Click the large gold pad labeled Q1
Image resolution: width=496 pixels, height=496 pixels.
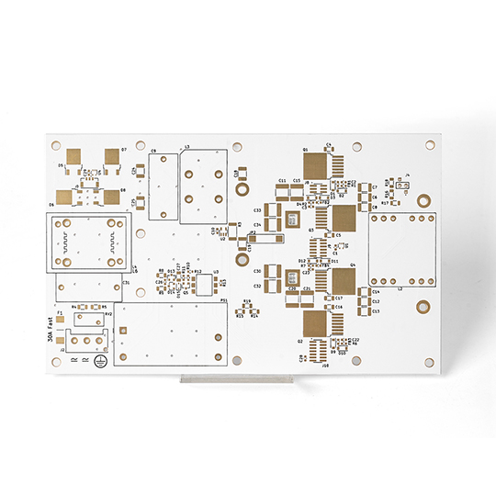coord(315,165)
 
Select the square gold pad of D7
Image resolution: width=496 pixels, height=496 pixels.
coord(113,158)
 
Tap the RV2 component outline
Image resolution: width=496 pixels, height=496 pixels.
coord(93,318)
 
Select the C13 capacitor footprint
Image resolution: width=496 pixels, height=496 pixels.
coord(365,310)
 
